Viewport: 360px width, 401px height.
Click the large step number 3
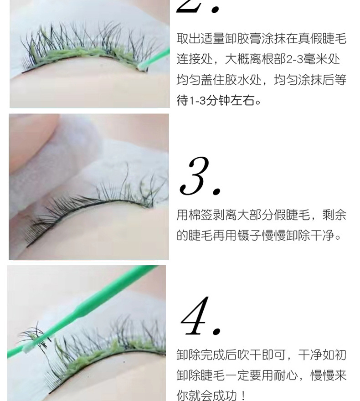pos(199,177)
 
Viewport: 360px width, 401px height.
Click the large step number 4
pos(201,317)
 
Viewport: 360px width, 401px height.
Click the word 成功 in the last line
pos(225,395)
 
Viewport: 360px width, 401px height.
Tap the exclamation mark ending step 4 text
pos(243,395)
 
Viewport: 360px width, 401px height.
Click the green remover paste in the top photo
pos(82,53)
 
